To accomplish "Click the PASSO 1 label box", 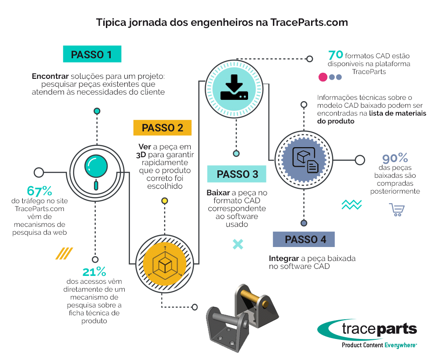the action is (92, 54).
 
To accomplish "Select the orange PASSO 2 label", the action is (162, 128).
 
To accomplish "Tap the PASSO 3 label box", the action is (237, 174).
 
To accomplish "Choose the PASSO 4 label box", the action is (304, 239).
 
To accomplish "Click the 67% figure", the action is (39, 191).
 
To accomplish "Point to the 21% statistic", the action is (94, 272).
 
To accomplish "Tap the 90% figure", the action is (395, 158).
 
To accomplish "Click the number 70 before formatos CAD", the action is (336, 55).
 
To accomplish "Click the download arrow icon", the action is (234, 87).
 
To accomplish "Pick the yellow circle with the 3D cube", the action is (164, 264).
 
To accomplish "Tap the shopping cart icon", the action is (397, 210).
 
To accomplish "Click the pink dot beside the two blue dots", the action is (323, 77).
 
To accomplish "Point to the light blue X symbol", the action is (238, 244).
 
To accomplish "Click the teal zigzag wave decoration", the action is (351, 205).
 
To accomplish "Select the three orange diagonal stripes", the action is (64, 253).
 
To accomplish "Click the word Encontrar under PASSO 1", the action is (50, 76).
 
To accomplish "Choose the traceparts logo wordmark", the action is (379, 329).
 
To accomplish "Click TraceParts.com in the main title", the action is (309, 22).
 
